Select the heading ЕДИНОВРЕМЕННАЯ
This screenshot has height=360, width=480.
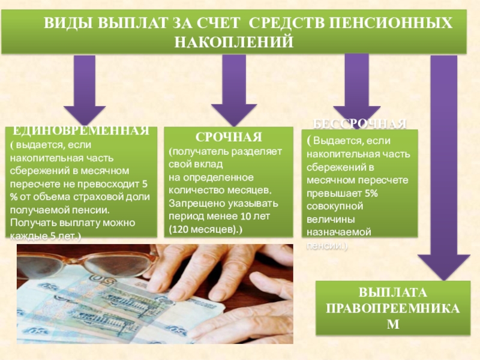point(81,131)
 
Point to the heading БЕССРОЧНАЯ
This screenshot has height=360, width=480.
point(361,124)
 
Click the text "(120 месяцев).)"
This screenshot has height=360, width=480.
point(206,229)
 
